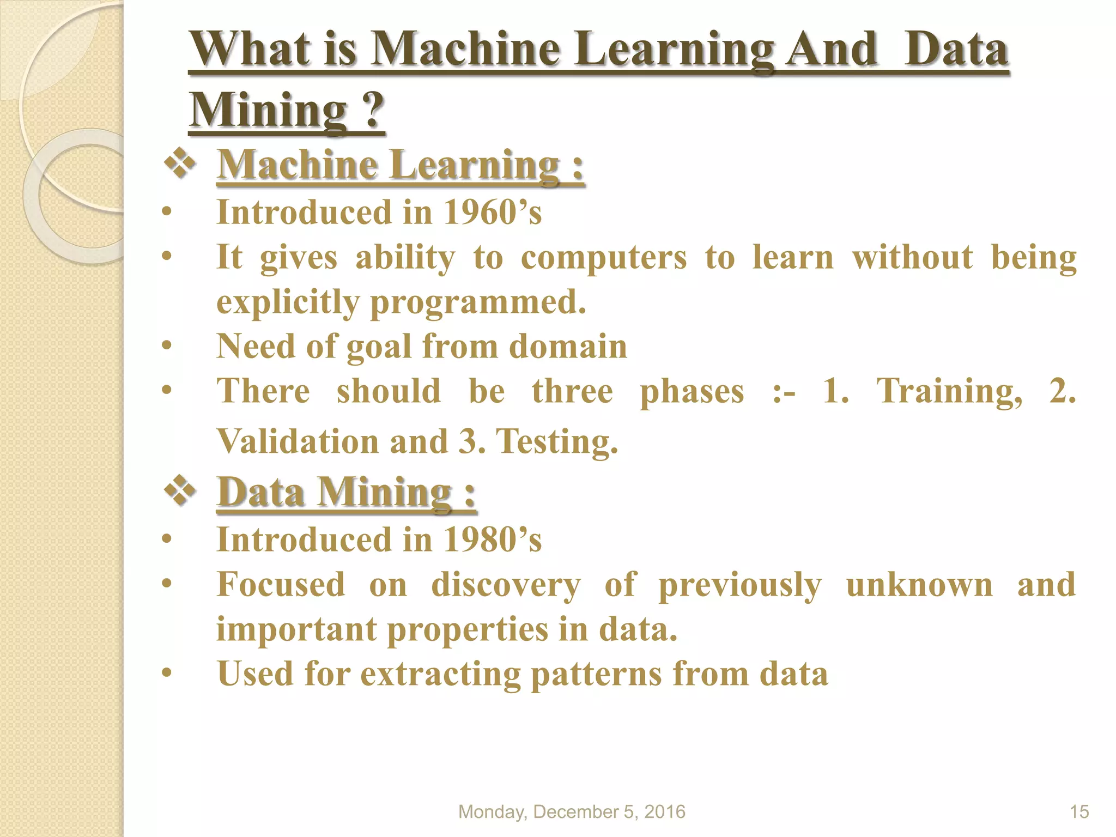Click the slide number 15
[x=1079, y=811]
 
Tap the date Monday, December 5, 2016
[x=572, y=811]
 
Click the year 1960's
[x=492, y=212]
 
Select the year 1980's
[x=492, y=539]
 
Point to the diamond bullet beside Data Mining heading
[x=180, y=492]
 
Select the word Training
[x=949, y=391]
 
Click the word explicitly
[x=288, y=302]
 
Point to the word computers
[x=604, y=257]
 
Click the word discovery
[x=506, y=585]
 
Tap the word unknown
[x=919, y=585]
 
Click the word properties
[x=468, y=629]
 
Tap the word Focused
[x=281, y=585]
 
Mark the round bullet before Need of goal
[x=167, y=345]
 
